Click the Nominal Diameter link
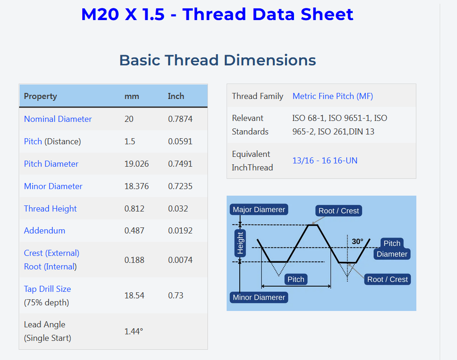point(57,119)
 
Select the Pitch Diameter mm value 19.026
point(136,164)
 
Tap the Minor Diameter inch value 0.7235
point(180,186)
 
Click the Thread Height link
point(50,209)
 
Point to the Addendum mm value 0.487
point(134,230)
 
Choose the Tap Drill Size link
point(47,289)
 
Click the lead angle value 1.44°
point(134,331)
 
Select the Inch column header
point(176,96)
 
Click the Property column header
point(40,96)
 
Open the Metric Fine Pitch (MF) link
point(333,96)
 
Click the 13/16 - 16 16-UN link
point(325,161)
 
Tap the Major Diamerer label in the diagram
point(259,210)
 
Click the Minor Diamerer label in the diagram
point(259,297)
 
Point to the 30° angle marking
point(357,241)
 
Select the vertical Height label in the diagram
point(240,243)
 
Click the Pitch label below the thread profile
point(295,279)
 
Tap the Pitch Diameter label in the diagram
point(392,249)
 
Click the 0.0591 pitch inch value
point(180,141)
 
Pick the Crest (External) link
point(51,253)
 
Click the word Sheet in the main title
point(327,14)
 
